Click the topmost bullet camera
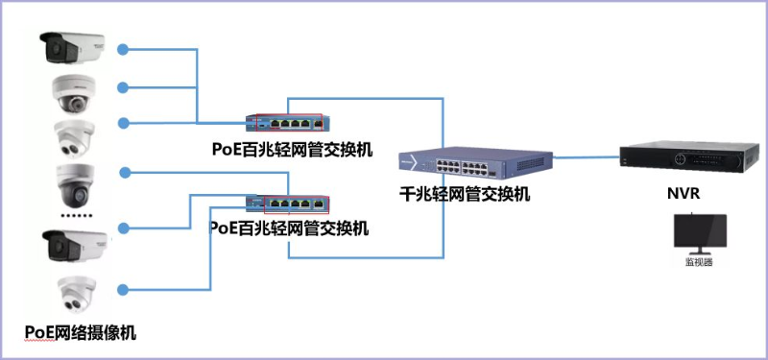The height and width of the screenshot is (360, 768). (73, 45)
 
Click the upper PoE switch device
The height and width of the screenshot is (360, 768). (288, 123)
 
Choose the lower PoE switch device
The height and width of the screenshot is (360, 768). (288, 204)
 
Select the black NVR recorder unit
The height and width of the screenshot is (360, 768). (683, 158)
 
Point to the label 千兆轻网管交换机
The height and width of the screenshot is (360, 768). (465, 194)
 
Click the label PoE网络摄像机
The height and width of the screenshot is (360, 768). (81, 333)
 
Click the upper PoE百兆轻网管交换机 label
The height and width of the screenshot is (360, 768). (292, 150)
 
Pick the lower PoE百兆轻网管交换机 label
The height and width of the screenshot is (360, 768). (289, 228)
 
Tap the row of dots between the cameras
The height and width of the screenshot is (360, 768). (74, 215)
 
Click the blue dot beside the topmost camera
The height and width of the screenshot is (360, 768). (124, 46)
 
